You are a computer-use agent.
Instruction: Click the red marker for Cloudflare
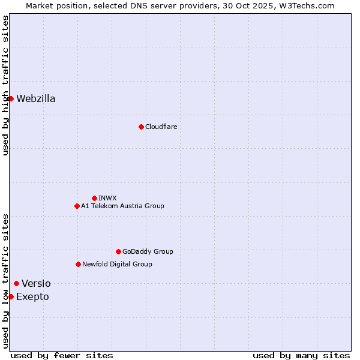pyautogui.click(x=141, y=127)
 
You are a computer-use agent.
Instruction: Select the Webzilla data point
pyautogui.click(x=11, y=98)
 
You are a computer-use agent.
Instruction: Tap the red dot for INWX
pyautogui.click(x=94, y=198)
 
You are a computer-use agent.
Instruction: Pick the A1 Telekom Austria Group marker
pyautogui.click(x=77, y=206)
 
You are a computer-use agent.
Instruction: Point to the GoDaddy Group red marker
pyautogui.click(x=118, y=251)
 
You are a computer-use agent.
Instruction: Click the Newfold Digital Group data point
pyautogui.click(x=78, y=264)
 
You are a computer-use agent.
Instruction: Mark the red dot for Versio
pyautogui.click(x=16, y=283)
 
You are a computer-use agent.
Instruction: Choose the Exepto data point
pyautogui.click(x=11, y=296)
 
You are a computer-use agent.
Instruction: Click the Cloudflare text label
pyautogui.click(x=161, y=127)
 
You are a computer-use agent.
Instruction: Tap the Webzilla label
pyautogui.click(x=36, y=98)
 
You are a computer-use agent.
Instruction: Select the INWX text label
pyautogui.click(x=107, y=198)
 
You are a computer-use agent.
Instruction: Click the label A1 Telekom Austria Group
pyautogui.click(x=122, y=206)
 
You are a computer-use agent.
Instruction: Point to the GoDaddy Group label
pyautogui.click(x=148, y=251)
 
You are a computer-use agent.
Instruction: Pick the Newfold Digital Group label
pyautogui.click(x=117, y=264)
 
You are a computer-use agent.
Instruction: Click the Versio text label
pyautogui.click(x=36, y=283)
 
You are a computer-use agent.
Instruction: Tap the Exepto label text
pyautogui.click(x=32, y=296)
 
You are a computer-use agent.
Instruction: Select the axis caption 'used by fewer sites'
pyautogui.click(x=62, y=355)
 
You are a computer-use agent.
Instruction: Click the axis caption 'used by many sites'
pyautogui.click(x=301, y=355)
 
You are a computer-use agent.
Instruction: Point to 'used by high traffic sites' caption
pyautogui.click(x=5, y=85)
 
